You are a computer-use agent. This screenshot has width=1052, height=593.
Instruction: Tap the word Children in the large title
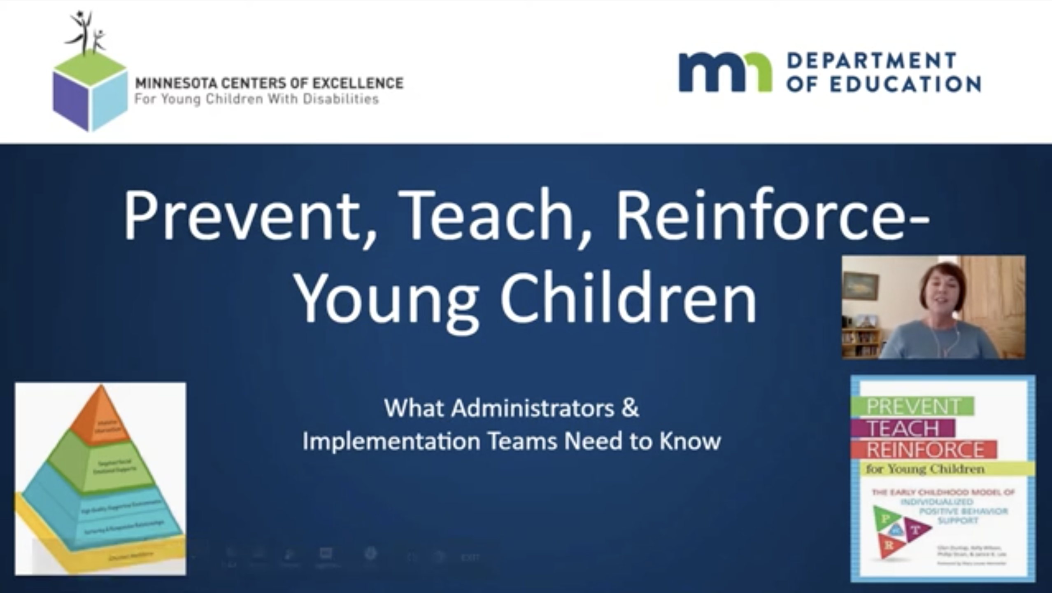(x=628, y=296)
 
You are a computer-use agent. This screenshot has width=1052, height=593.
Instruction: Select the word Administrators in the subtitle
(x=533, y=409)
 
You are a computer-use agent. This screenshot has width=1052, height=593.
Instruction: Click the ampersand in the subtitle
(x=630, y=409)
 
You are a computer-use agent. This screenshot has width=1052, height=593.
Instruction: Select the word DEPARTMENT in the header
(x=871, y=61)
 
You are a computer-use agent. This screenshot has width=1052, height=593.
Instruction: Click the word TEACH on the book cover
(x=903, y=429)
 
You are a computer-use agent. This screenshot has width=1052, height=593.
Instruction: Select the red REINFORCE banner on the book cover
(x=924, y=450)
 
